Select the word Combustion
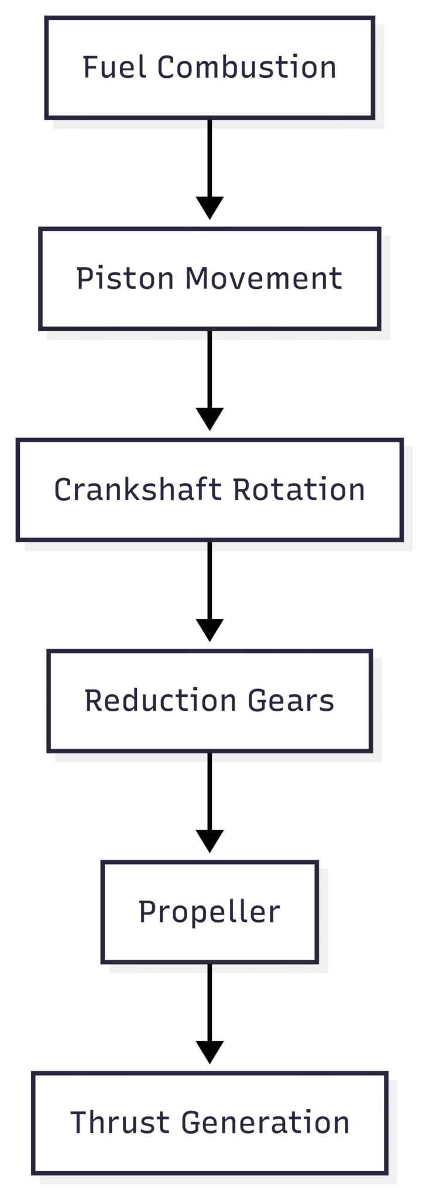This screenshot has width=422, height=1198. (x=246, y=67)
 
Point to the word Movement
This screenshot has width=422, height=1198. (x=263, y=278)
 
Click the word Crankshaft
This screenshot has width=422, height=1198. (x=138, y=490)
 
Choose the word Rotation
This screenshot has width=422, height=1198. (x=299, y=490)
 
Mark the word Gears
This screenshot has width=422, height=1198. (x=290, y=701)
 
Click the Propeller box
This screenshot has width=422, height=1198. (x=210, y=912)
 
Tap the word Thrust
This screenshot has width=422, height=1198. (x=120, y=1123)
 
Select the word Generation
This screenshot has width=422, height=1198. (x=265, y=1123)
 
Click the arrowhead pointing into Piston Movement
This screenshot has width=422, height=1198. (x=210, y=208)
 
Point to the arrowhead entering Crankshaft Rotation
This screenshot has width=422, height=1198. (x=210, y=419)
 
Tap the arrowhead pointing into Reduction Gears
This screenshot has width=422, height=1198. (x=210, y=630)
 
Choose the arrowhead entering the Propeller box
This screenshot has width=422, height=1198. (x=210, y=841)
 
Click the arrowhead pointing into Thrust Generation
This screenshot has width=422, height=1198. (x=210, y=1052)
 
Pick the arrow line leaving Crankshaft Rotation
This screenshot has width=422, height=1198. (x=210, y=579)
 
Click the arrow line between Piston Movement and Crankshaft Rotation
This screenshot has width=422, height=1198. (x=210, y=368)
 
